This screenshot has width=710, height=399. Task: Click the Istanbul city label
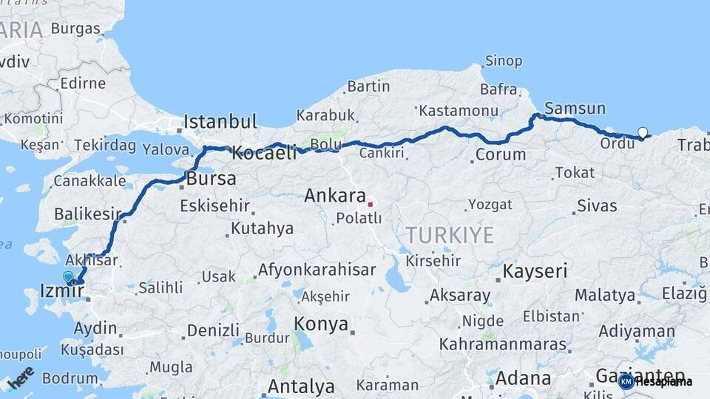(x=220, y=121)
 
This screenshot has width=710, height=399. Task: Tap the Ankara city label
(x=334, y=197)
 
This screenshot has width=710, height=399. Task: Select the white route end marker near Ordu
(x=643, y=133)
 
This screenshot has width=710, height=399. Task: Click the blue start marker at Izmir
(x=68, y=277)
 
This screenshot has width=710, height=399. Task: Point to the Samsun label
(x=575, y=109)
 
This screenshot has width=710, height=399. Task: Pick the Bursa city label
(x=212, y=179)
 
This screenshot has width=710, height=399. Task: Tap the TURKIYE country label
(x=449, y=236)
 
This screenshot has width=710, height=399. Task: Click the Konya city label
(x=321, y=324)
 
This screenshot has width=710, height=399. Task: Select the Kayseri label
(x=535, y=271)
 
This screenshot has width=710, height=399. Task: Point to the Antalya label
(x=300, y=386)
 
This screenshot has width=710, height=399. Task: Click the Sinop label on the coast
(x=503, y=61)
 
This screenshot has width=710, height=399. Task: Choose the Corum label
(x=501, y=155)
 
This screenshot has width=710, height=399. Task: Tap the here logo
(x=21, y=378)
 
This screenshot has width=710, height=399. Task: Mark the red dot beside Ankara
(x=370, y=204)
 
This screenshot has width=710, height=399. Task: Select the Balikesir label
(x=87, y=214)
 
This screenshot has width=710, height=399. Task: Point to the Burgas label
(x=75, y=30)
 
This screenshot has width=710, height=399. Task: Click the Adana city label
(x=523, y=379)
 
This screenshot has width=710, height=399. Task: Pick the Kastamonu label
(x=458, y=111)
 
